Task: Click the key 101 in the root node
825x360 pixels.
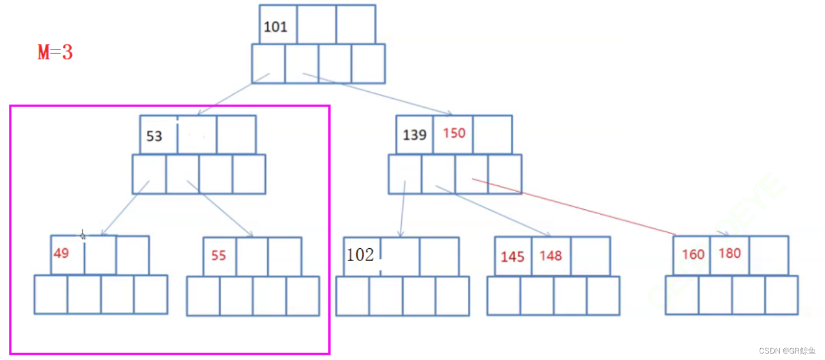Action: pyautogui.click(x=275, y=26)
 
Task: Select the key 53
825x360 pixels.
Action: pyautogui.click(x=154, y=136)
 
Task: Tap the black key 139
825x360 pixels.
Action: pyautogui.click(x=414, y=135)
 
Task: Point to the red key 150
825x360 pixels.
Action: pyautogui.click(x=454, y=133)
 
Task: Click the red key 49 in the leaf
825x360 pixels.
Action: pyautogui.click(x=61, y=254)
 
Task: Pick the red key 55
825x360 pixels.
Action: pyautogui.click(x=218, y=256)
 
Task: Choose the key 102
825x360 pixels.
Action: pyautogui.click(x=360, y=255)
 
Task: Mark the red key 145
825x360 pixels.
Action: pyautogui.click(x=513, y=257)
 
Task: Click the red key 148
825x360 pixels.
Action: pyautogui.click(x=550, y=256)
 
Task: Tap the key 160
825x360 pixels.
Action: pyautogui.click(x=693, y=255)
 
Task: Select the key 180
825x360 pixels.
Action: pyautogui.click(x=730, y=254)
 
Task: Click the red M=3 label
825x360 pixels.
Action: pyautogui.click(x=55, y=53)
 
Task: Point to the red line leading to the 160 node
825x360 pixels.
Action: pyautogui.click(x=577, y=206)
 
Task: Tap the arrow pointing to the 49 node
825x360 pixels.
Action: pyautogui.click(x=125, y=208)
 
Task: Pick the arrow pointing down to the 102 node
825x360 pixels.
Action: pyautogui.click(x=402, y=209)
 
